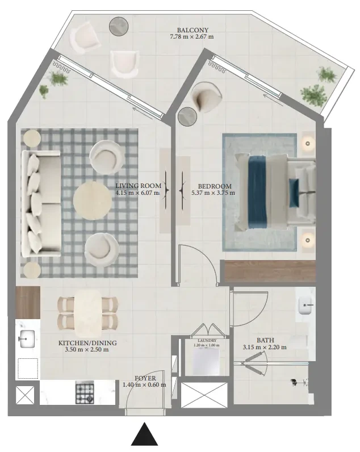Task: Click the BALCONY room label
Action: tap(192, 30)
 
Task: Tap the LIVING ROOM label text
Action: tap(139, 186)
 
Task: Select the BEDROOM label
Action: tap(215, 186)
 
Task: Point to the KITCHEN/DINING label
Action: tap(87, 343)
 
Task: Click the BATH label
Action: tap(265, 340)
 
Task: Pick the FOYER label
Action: tap(145, 378)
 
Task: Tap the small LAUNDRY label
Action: tap(207, 341)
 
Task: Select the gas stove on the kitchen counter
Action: tap(85, 392)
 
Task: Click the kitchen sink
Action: tap(27, 339)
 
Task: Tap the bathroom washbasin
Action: tap(305, 305)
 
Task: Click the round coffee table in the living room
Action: tap(93, 200)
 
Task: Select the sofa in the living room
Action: tap(41, 203)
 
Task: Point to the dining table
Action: tap(88, 313)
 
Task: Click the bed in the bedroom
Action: tap(275, 192)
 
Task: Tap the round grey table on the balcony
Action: tap(119, 26)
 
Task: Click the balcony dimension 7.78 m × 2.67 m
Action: tap(192, 36)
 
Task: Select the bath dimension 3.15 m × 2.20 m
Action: tap(265, 347)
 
